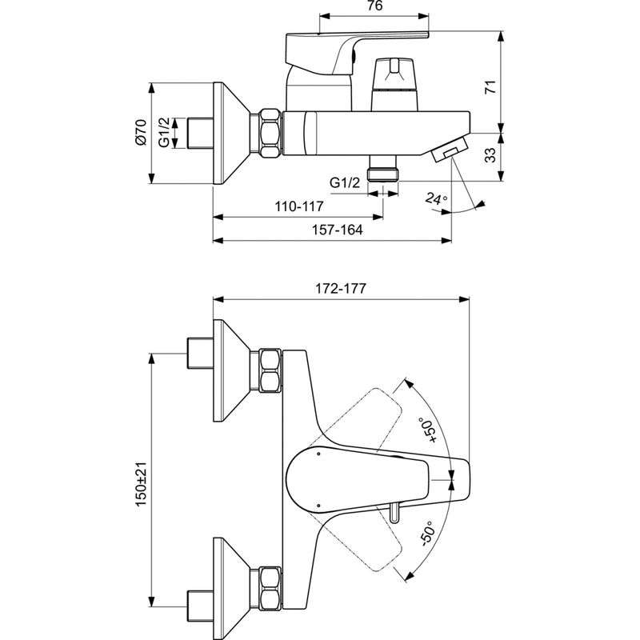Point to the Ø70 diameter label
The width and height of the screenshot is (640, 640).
click(x=141, y=131)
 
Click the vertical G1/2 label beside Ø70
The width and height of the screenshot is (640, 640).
click(x=163, y=131)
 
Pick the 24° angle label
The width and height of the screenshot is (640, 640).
click(x=437, y=198)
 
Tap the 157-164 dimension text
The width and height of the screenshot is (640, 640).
click(x=337, y=230)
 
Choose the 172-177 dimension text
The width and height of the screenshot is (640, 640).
click(x=339, y=290)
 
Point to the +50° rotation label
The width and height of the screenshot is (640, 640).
click(x=430, y=428)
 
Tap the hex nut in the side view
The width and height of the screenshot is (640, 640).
click(x=268, y=131)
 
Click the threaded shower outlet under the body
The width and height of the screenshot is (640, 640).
click(x=382, y=174)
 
